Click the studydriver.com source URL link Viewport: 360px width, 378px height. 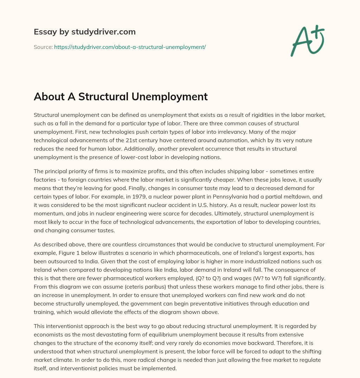130,47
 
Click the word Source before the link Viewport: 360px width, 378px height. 43,47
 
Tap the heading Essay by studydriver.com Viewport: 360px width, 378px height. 85,32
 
